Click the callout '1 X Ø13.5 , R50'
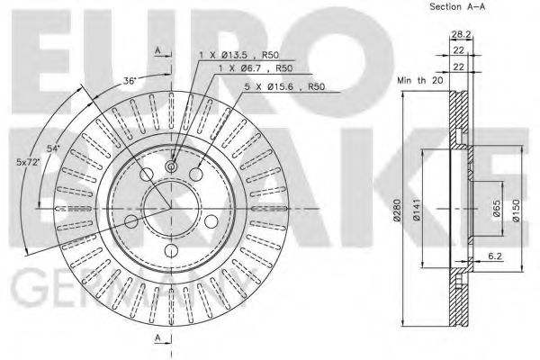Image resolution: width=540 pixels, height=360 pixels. click(x=235, y=56)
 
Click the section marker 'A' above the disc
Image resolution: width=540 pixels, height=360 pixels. click(x=159, y=50)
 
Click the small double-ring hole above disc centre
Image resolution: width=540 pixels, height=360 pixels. click(x=171, y=167)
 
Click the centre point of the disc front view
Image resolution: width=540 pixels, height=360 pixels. click(x=171, y=208)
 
